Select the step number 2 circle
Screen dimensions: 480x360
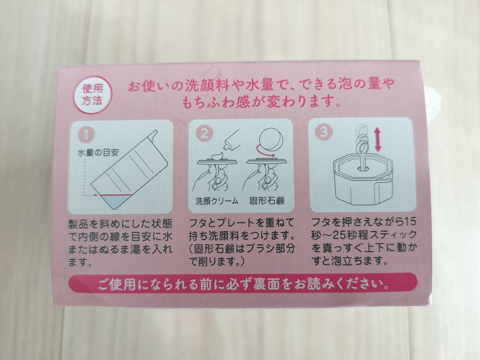204,133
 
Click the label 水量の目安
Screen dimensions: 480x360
98,153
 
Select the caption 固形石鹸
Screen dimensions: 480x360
267,201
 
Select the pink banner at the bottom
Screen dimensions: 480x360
242,284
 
